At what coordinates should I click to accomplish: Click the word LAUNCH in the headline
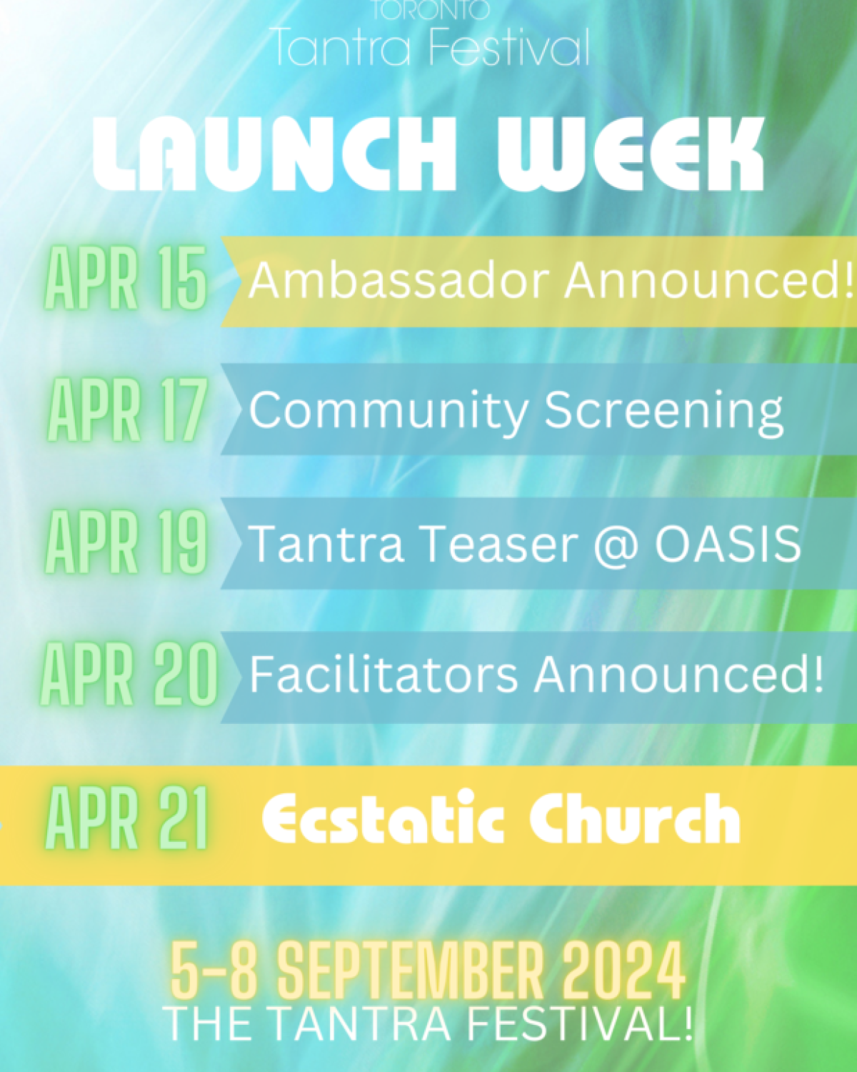(x=275, y=155)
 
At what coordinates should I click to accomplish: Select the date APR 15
(x=126, y=279)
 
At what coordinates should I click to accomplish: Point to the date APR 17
(x=128, y=410)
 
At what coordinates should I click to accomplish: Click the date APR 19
(x=126, y=542)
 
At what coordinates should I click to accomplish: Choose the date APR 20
(x=129, y=674)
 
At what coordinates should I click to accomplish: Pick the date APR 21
(x=126, y=818)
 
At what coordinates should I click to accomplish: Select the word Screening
(x=663, y=412)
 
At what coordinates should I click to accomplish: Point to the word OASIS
(x=728, y=544)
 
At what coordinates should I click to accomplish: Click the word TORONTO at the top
(x=431, y=10)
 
